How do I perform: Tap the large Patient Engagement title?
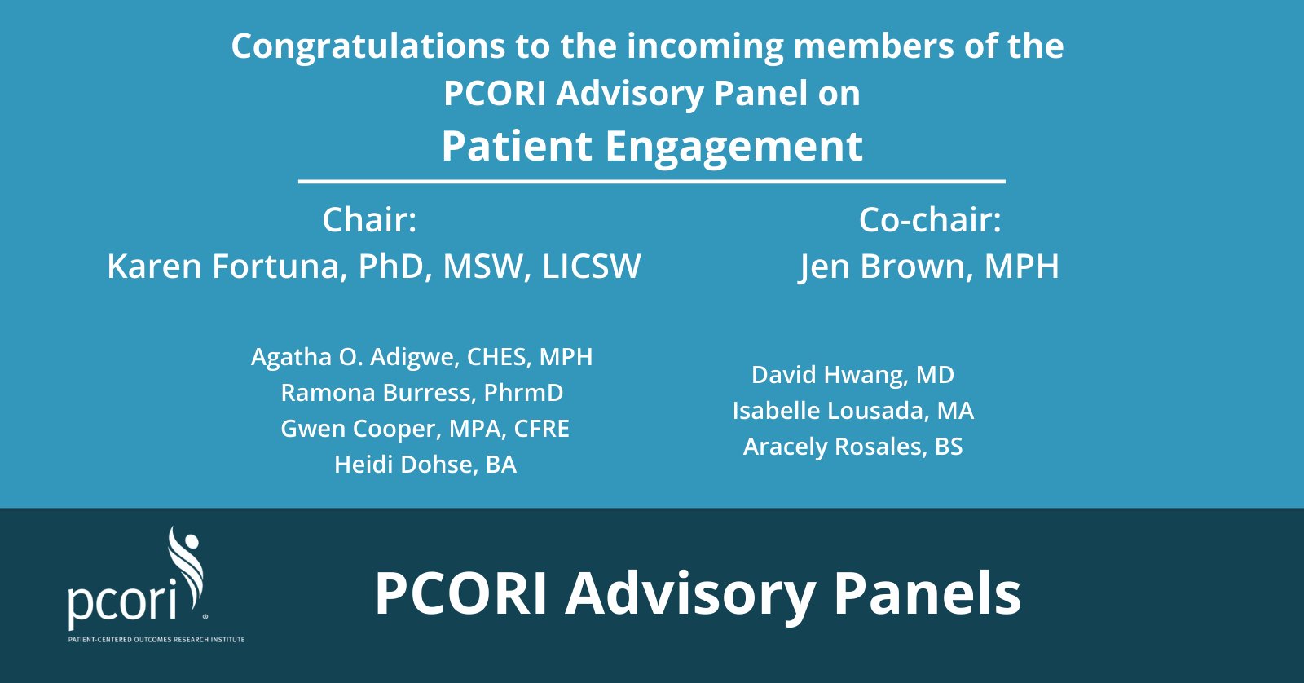pos(652,148)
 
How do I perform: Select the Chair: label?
pos(370,220)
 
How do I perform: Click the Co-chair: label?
pos(930,220)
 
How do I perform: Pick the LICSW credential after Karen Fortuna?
pos(592,266)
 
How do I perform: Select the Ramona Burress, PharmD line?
pos(422,393)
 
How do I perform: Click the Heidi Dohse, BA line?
pos(425,465)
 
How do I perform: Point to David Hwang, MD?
pos(852,375)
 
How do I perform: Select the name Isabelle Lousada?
pos(828,411)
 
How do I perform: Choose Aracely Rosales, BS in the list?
pos(852,447)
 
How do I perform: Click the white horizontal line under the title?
pos(652,182)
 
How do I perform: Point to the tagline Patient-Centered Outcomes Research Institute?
pos(156,640)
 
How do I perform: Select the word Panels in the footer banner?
pos(927,593)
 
